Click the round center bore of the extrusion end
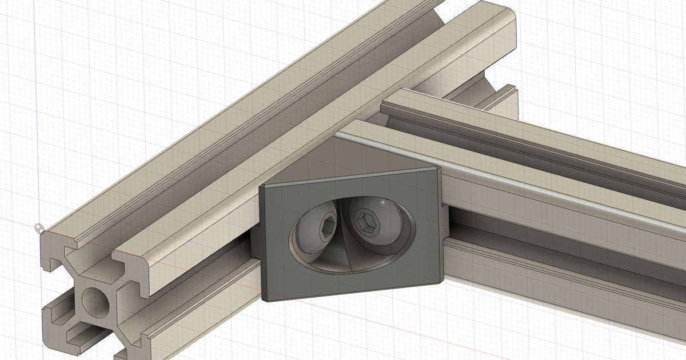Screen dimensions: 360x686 coord(95,301)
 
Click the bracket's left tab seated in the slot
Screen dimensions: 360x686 coord(256,242)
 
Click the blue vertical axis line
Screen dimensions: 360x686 coord(35,114)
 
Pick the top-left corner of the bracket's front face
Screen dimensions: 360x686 coord(262,187)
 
